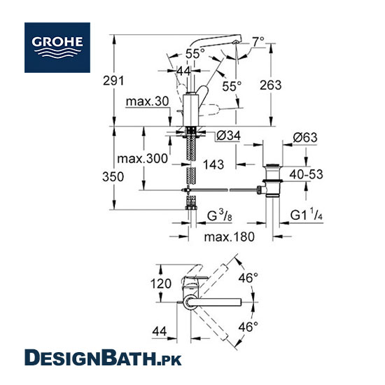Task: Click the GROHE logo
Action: click(57, 48)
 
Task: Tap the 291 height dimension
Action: click(113, 80)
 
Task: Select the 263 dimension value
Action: click(271, 85)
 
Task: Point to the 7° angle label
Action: click(258, 41)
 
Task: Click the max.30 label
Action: click(147, 101)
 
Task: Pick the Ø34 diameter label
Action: click(229, 136)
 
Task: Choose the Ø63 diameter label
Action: click(305, 137)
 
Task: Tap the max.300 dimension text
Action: click(142, 159)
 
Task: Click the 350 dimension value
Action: click(113, 176)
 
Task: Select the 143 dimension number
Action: click(213, 164)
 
